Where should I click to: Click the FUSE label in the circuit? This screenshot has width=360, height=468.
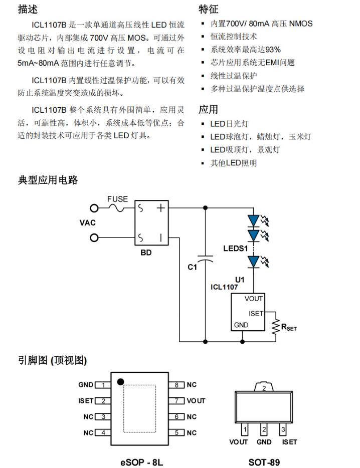117,199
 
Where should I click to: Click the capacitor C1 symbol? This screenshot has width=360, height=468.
205,261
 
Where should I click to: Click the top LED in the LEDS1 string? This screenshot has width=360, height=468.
254,220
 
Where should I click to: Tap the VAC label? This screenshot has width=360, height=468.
88,222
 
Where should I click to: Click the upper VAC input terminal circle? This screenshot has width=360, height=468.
93,208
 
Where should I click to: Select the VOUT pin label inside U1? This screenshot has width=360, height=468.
253,299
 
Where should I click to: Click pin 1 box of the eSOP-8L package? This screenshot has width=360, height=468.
102,385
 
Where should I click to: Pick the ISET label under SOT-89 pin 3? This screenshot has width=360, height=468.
289,442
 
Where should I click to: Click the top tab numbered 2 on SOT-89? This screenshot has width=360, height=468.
264,388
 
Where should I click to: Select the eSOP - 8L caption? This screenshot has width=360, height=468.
142,462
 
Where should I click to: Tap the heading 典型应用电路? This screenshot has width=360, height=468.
48,180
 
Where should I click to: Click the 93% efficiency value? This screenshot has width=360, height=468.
273,50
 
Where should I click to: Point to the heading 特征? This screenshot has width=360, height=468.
209,10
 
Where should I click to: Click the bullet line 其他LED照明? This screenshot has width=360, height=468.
233,163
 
